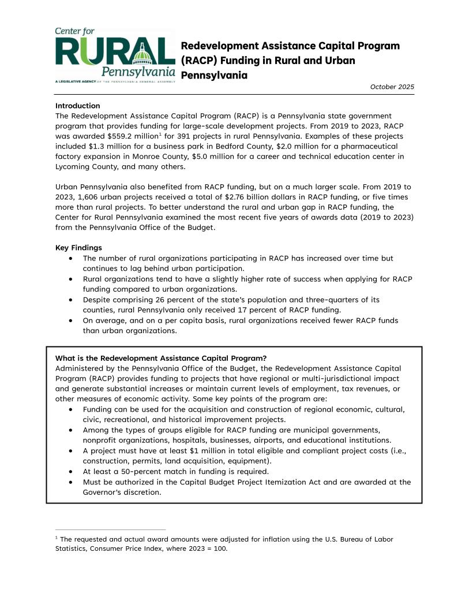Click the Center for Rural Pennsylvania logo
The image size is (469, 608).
tap(115, 56)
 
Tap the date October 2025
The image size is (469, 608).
tap(392, 87)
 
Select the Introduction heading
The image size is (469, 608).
tap(77, 106)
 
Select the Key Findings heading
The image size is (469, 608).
tap(78, 248)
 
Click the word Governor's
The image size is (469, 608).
tap(104, 492)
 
